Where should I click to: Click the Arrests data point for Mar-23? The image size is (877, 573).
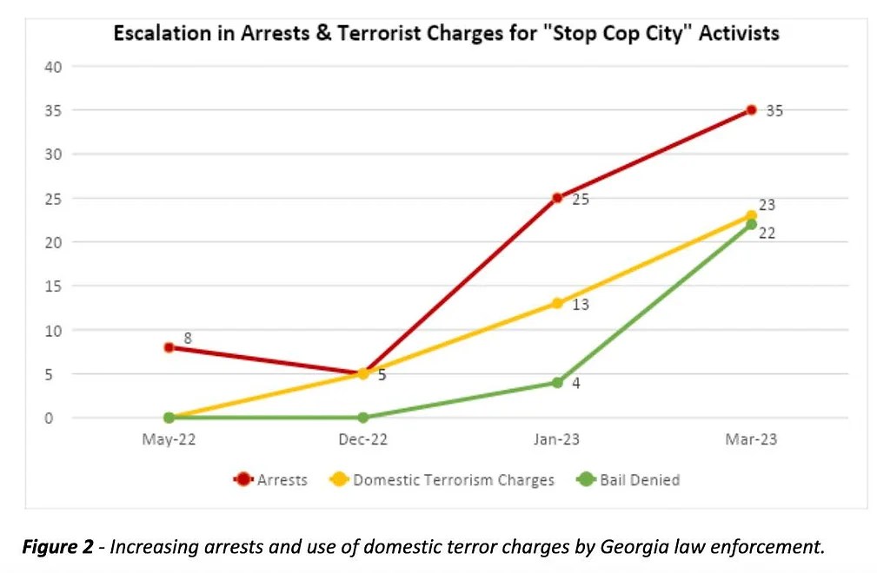[751, 110]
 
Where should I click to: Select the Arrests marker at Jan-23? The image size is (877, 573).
[557, 198]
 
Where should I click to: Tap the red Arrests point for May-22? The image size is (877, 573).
[169, 347]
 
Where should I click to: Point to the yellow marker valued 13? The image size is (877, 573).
[557, 303]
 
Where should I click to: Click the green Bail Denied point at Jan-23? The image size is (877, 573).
[557, 383]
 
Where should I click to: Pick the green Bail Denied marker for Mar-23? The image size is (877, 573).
[751, 224]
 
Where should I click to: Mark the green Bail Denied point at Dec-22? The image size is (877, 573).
[363, 418]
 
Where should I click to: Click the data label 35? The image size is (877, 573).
[774, 111]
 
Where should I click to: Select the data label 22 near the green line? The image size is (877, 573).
[767, 233]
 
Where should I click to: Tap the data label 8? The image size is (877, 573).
[187, 338]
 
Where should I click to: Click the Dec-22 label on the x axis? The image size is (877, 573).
[362, 440]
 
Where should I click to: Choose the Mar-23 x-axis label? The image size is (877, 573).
[751, 440]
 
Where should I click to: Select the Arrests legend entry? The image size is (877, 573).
[271, 480]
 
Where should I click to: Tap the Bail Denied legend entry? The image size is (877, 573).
[628, 480]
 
